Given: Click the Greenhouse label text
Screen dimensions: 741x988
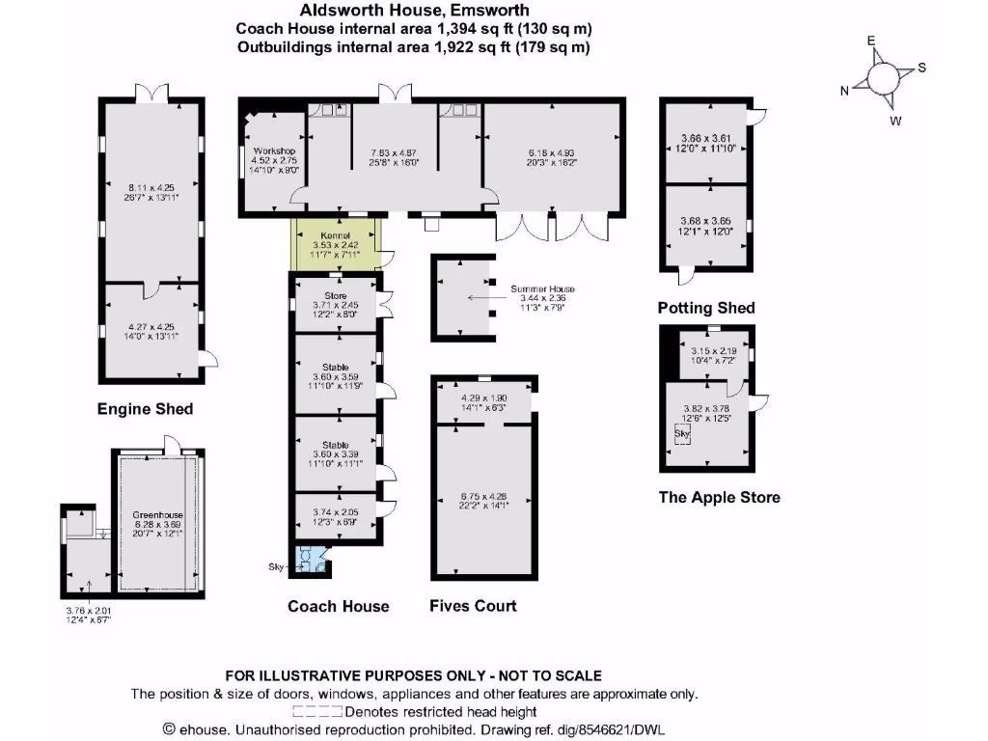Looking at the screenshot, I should (157, 515).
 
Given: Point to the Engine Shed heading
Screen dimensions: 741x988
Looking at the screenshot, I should (145, 409).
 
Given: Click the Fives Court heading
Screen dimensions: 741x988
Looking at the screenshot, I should (473, 606).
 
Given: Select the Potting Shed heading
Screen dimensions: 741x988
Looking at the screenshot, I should (706, 308).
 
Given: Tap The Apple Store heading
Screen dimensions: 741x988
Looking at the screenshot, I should (719, 498).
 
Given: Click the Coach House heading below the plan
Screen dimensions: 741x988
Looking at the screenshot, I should (339, 606).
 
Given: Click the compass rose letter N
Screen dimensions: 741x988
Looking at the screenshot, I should (844, 91).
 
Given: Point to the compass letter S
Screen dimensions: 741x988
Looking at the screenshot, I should (921, 68).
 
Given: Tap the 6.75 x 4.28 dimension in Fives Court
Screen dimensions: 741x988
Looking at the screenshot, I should (484, 497).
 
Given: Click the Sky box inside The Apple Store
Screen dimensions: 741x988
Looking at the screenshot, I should (682, 435).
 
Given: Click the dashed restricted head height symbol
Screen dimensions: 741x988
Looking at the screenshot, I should (317, 712).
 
